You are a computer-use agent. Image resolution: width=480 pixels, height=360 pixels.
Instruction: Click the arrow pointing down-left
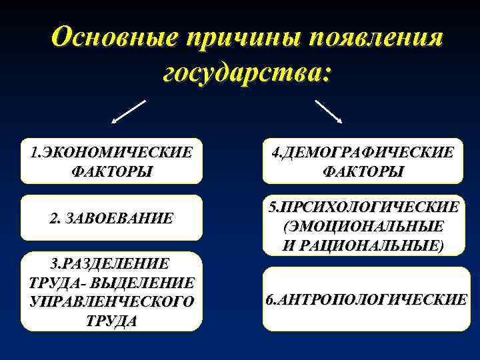(x=129, y=112)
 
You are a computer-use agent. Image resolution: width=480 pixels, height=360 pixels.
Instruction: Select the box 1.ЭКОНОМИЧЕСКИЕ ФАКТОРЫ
(x=111, y=161)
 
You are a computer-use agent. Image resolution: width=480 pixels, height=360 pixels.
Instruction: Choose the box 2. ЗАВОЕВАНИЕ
(x=111, y=217)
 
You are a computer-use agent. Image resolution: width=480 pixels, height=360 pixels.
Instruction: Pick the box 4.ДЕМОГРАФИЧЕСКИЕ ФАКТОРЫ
(x=362, y=161)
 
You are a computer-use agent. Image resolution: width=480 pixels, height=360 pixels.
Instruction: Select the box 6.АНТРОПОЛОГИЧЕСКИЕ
(x=366, y=299)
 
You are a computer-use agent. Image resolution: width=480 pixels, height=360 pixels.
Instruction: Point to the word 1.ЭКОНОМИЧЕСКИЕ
(x=111, y=152)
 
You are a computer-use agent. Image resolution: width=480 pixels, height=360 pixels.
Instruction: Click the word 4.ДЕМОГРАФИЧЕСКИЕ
(x=363, y=152)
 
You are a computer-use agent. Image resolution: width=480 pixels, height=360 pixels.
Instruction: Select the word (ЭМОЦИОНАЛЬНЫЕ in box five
(x=363, y=226)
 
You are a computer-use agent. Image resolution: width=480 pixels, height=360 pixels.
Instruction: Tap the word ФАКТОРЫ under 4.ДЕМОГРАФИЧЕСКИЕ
(x=363, y=171)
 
